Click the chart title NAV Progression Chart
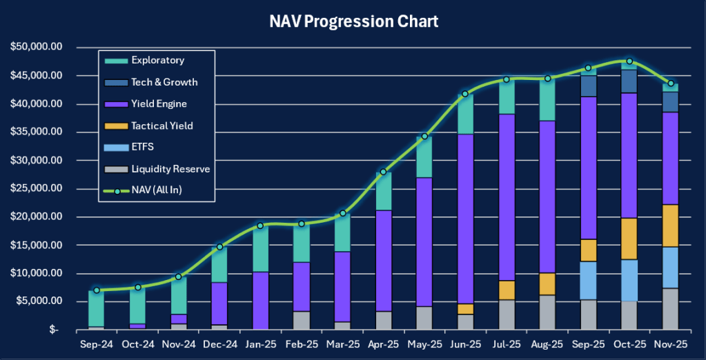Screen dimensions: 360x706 tap(353, 21)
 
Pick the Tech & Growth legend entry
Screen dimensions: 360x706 tap(164, 82)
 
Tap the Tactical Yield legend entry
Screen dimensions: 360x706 tap(161, 126)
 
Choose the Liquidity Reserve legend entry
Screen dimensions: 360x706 tap(170, 168)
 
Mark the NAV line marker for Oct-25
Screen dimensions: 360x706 tap(629, 61)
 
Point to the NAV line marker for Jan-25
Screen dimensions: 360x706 tap(260, 226)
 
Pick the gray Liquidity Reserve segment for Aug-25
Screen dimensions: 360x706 tap(547, 312)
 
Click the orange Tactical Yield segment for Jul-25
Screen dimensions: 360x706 tap(506, 290)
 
